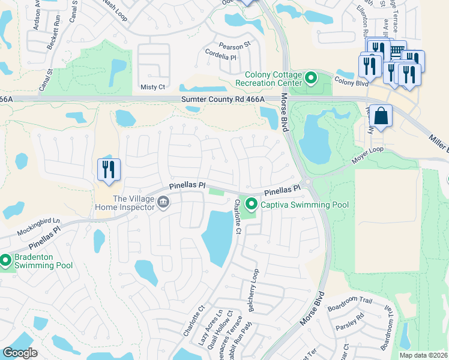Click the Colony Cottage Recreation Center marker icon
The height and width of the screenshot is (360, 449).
pos(311,78)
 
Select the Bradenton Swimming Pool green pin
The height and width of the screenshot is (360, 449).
pos(5,260)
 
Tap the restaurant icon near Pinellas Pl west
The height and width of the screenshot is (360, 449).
pos(109,169)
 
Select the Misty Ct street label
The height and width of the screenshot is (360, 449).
pos(152,87)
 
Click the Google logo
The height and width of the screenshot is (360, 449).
pos(20,353)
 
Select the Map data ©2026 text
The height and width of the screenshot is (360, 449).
pos(423,355)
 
